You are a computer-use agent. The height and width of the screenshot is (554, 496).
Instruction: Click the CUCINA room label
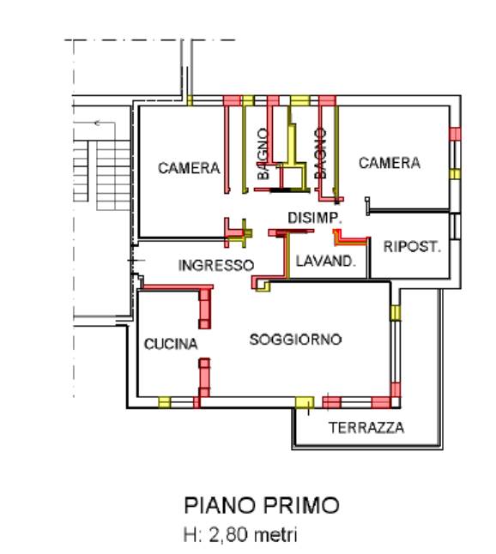click(171, 344)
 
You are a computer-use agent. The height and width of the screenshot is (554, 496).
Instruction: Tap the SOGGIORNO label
click(295, 340)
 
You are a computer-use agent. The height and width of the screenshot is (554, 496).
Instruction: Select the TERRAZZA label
click(366, 428)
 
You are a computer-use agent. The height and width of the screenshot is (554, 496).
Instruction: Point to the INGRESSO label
click(216, 265)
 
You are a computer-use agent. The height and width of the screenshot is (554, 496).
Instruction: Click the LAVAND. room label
click(325, 261)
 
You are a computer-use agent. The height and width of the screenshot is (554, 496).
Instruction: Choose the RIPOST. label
click(413, 246)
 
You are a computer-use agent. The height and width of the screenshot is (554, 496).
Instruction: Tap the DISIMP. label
click(315, 218)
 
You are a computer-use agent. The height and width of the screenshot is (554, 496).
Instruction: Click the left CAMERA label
click(189, 168)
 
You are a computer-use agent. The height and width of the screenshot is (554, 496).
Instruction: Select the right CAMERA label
click(390, 163)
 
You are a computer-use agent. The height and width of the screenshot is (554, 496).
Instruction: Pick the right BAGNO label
click(320, 154)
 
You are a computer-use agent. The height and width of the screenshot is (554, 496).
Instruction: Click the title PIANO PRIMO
click(262, 505)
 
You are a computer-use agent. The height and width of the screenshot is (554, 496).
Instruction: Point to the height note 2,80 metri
click(252, 534)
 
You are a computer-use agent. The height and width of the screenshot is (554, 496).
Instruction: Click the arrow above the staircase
click(105, 123)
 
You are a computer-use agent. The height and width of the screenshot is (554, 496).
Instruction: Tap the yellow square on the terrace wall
click(305, 402)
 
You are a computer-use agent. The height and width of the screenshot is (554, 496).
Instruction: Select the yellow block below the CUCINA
click(164, 402)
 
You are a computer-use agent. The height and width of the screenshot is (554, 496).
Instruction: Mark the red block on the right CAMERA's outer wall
click(455, 134)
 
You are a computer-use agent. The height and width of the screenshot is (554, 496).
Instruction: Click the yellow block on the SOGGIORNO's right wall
click(396, 313)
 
